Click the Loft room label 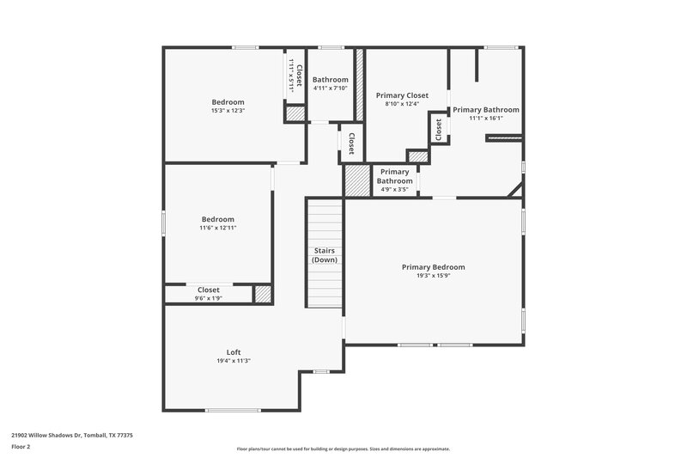pyautogui.click(x=233, y=352)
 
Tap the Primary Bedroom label pyautogui.click(x=433, y=267)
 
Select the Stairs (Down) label pyautogui.click(x=324, y=255)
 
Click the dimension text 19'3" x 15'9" pyautogui.click(x=433, y=277)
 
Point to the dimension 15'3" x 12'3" pyautogui.click(x=228, y=111)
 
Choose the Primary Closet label pyautogui.click(x=402, y=95)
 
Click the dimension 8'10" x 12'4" pyautogui.click(x=402, y=104)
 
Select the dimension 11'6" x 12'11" pyautogui.click(x=217, y=228)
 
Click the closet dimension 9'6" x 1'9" pyautogui.click(x=208, y=298)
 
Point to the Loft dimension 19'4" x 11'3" pyautogui.click(x=233, y=361)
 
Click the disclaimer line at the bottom pyautogui.click(x=343, y=449)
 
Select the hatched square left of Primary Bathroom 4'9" pyautogui.click(x=357, y=180)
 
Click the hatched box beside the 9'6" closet pyautogui.click(x=263, y=294)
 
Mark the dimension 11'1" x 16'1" pyautogui.click(x=485, y=119)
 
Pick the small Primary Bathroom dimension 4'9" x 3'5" pyautogui.click(x=394, y=189)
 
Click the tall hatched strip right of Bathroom pyautogui.click(x=360, y=84)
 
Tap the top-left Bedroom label pyautogui.click(x=228, y=102)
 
